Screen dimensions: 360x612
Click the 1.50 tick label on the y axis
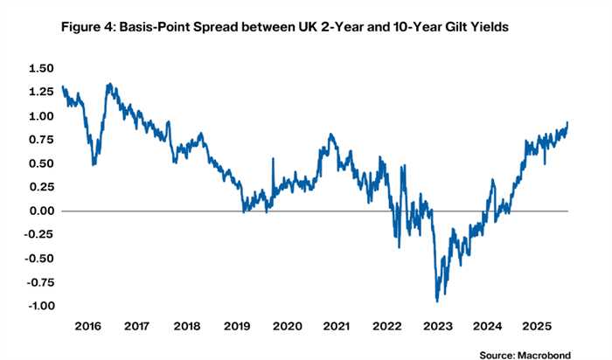[x=41, y=68]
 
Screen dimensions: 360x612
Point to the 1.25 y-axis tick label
[x=41, y=92]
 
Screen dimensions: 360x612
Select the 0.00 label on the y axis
[x=41, y=211]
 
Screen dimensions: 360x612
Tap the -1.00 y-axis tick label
[x=38, y=306]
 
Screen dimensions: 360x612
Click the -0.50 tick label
[x=38, y=259]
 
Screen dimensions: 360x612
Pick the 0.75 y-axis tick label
[x=41, y=139]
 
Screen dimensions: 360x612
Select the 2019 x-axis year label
[x=237, y=325]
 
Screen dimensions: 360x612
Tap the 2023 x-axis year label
[x=436, y=325]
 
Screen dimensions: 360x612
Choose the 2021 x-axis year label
[x=337, y=325]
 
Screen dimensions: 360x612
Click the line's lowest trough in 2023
[x=436, y=301]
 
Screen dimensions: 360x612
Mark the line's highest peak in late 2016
[x=108, y=84]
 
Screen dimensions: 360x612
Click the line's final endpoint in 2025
[x=567, y=122]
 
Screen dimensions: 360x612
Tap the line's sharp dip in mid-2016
[x=94, y=163]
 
